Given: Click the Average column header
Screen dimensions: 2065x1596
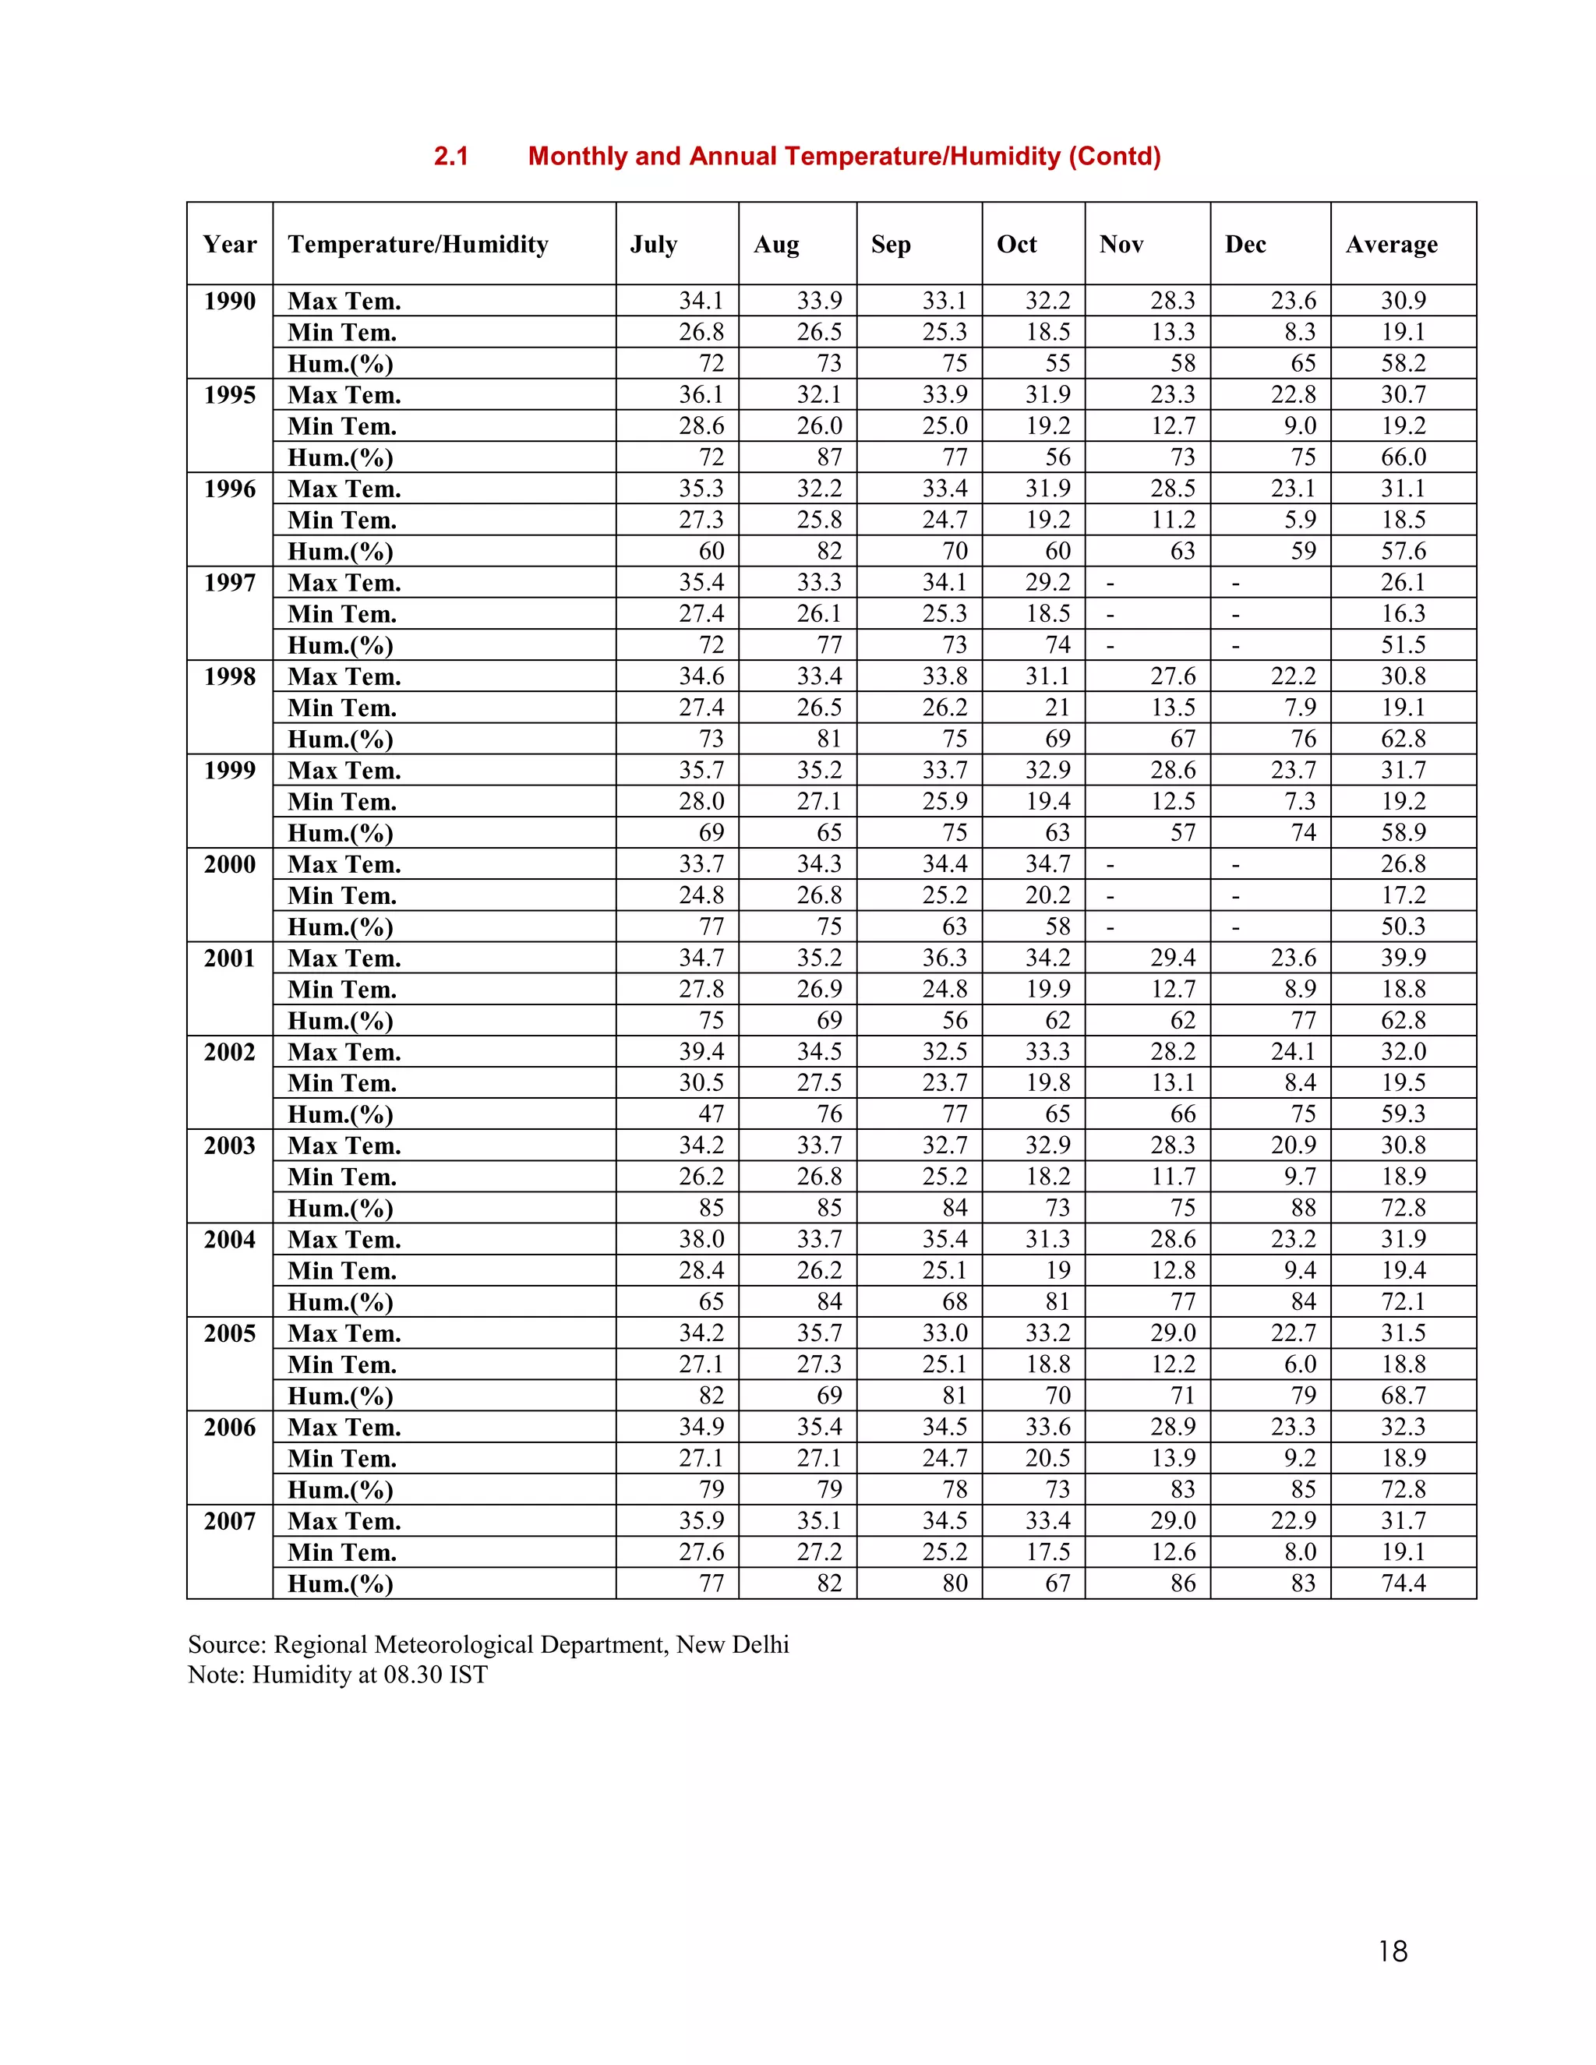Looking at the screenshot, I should (1391, 244).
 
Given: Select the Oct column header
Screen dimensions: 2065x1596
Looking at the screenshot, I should (1016, 244).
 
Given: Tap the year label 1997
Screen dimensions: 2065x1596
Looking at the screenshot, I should (230, 582).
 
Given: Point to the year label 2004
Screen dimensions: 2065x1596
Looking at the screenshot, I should (230, 1239).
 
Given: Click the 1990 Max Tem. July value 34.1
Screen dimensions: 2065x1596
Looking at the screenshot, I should (701, 301).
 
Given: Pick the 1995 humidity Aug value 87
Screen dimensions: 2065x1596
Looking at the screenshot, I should (829, 457).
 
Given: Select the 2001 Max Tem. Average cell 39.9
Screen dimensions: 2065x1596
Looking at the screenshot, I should (1403, 958).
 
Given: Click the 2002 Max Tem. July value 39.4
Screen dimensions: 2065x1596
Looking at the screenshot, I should (701, 1051).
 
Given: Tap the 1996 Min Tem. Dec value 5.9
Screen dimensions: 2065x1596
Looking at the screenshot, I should (1300, 520).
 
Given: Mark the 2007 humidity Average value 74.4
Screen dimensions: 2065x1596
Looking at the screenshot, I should (1403, 1583).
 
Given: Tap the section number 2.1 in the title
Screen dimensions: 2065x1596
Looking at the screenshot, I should (451, 156).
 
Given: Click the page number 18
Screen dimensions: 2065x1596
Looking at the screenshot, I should (1393, 1950).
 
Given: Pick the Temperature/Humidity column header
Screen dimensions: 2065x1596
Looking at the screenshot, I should (418, 244).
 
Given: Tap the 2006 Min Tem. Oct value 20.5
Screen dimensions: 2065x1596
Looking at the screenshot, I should (1047, 1458).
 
